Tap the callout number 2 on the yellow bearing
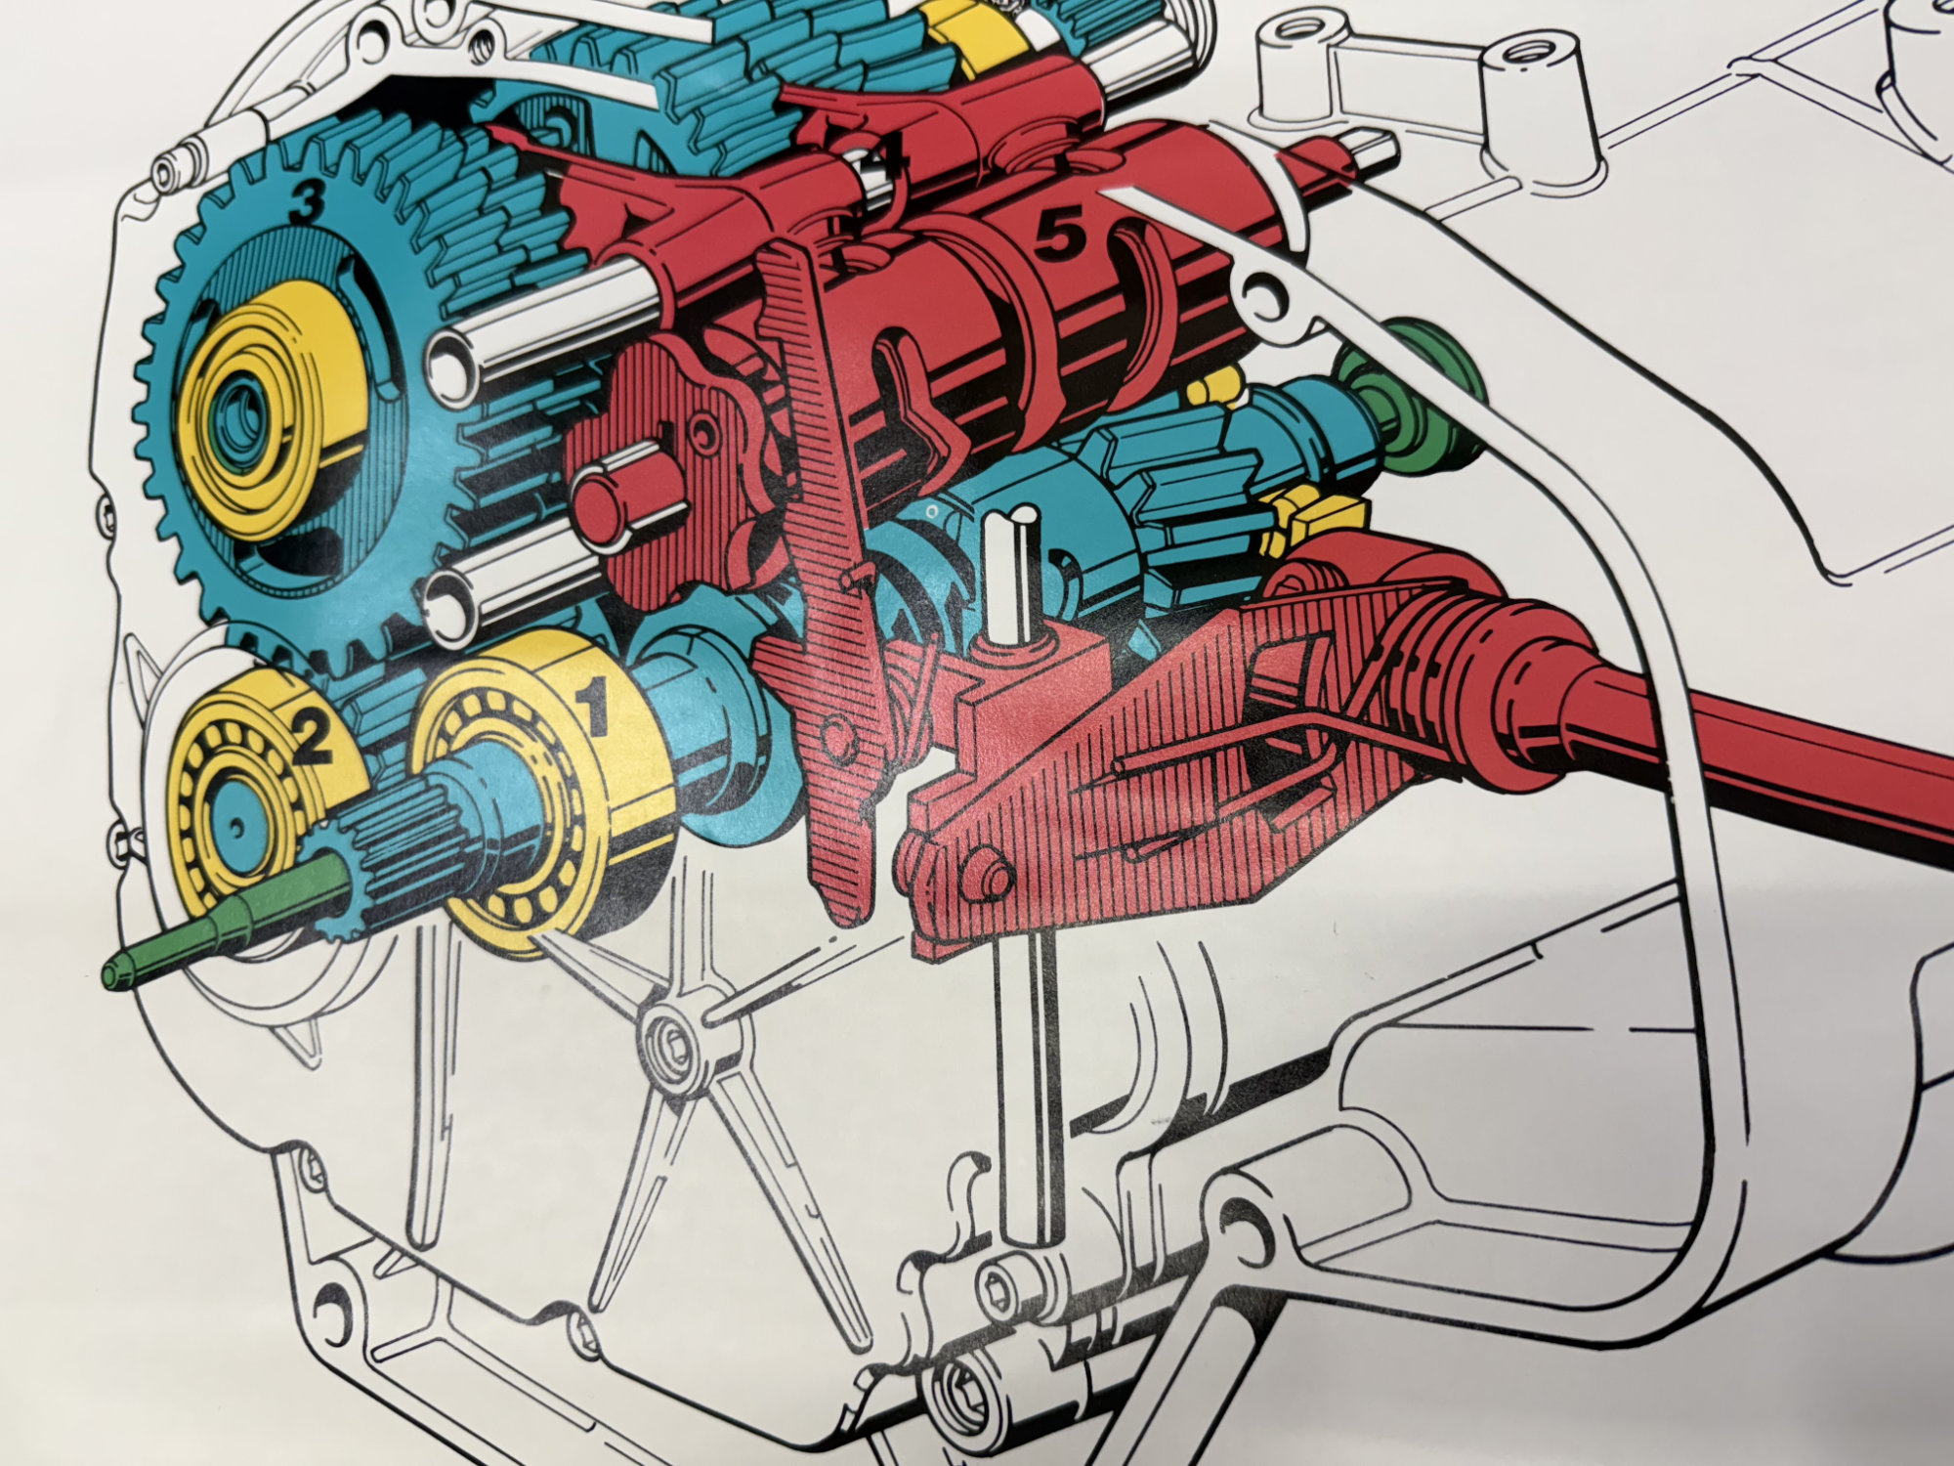click(311, 739)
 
